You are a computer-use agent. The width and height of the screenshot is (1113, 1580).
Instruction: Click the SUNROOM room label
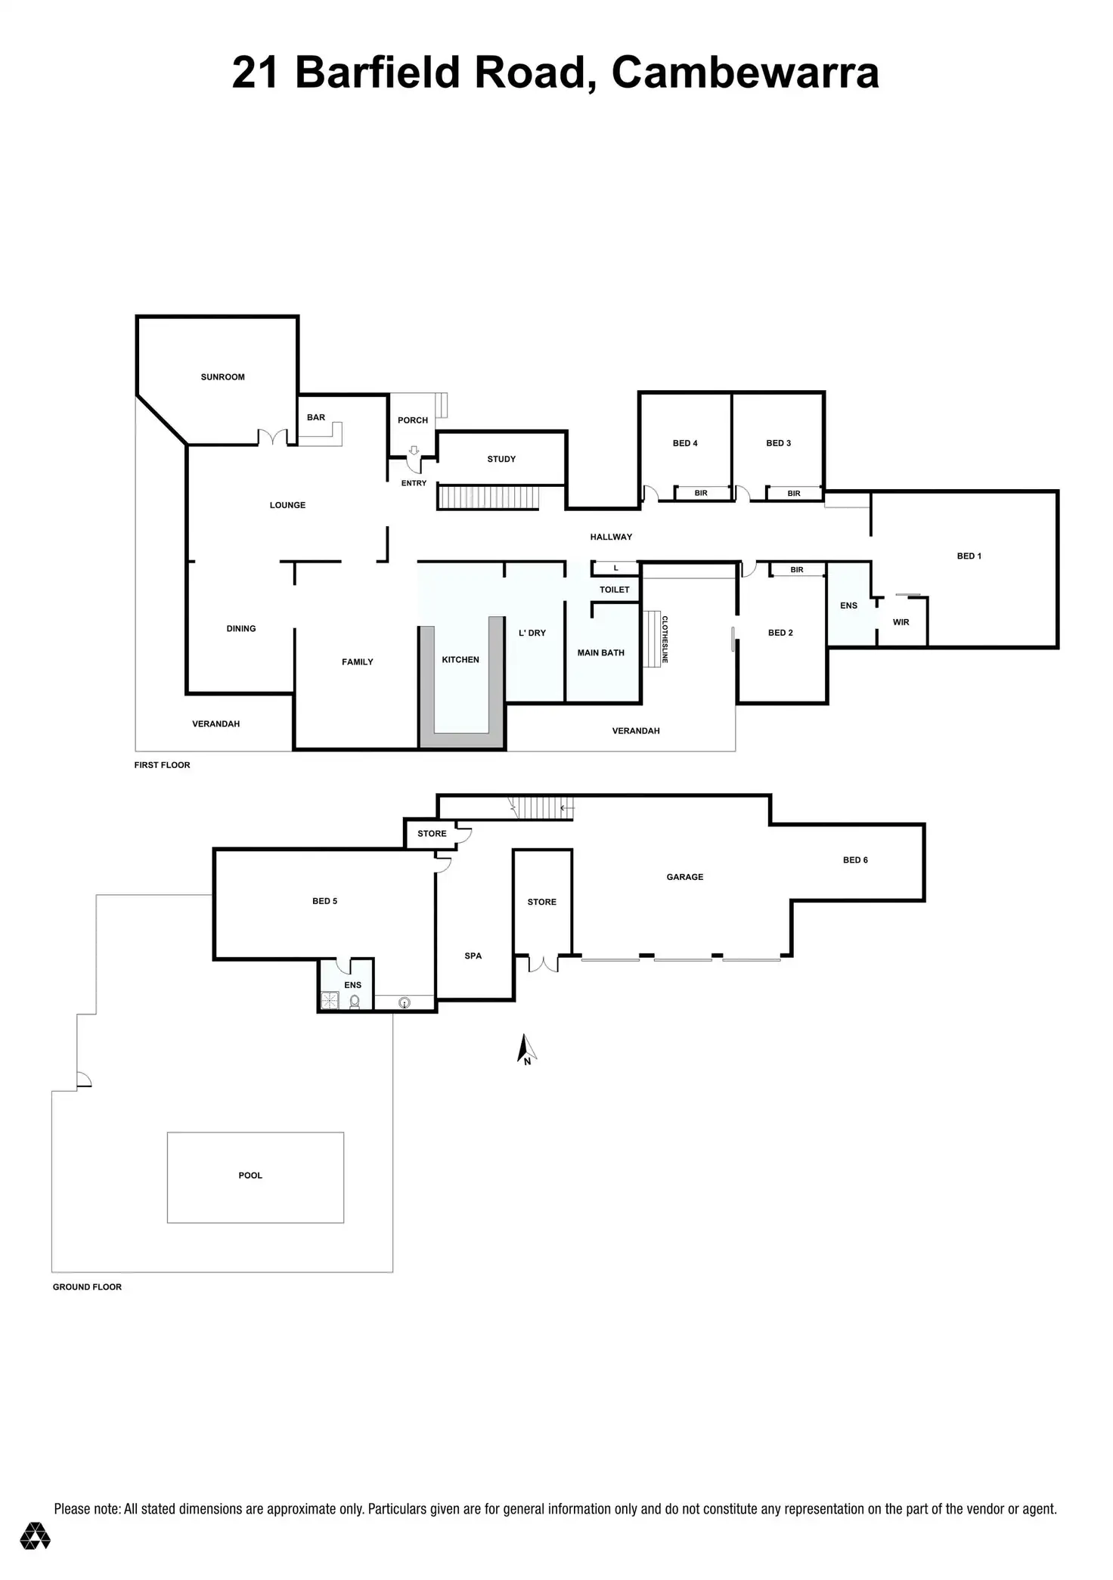(x=222, y=376)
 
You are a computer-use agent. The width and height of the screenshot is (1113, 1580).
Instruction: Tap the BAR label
(x=316, y=417)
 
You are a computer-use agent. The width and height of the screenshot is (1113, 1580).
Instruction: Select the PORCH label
(x=413, y=420)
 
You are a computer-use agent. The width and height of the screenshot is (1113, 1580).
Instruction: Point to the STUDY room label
(x=501, y=459)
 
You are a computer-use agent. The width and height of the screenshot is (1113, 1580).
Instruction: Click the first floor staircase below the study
(x=488, y=498)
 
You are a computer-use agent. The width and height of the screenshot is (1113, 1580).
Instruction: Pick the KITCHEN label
(x=460, y=660)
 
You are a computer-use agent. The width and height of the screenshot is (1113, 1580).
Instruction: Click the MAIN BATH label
(x=600, y=652)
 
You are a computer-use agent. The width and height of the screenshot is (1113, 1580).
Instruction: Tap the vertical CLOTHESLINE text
(x=665, y=640)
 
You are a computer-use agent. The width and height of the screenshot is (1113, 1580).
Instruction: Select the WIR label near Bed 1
(x=901, y=622)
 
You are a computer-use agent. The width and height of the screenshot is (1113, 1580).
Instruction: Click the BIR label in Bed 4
(x=701, y=493)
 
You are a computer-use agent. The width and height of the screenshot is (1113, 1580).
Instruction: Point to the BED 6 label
(x=855, y=860)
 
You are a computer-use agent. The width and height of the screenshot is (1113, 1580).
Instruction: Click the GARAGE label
(x=684, y=877)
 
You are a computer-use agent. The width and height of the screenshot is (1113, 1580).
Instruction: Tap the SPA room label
(x=473, y=956)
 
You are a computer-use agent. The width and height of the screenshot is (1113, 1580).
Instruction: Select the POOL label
(x=250, y=1176)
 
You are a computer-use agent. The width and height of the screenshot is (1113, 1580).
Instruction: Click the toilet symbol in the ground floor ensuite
(x=354, y=1002)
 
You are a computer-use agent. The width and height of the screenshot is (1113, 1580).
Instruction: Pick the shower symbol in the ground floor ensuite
(x=330, y=1001)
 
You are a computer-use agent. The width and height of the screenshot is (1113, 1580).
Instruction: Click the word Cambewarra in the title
(x=745, y=73)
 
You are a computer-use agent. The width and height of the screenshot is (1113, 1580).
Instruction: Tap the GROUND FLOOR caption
(x=87, y=1287)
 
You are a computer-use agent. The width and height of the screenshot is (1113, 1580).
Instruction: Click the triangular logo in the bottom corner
(x=35, y=1535)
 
